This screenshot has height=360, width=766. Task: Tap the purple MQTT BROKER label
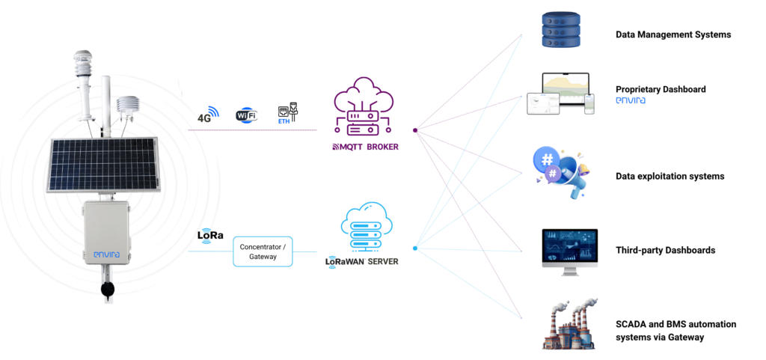[365, 147]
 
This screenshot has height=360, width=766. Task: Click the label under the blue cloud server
[362, 262]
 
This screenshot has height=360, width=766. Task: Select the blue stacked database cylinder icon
[560, 31]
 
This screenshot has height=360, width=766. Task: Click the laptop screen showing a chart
[566, 90]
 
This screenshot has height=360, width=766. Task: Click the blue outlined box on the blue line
[264, 251]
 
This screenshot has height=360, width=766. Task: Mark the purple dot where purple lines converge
[414, 130]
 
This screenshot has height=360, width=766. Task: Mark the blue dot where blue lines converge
[414, 248]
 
